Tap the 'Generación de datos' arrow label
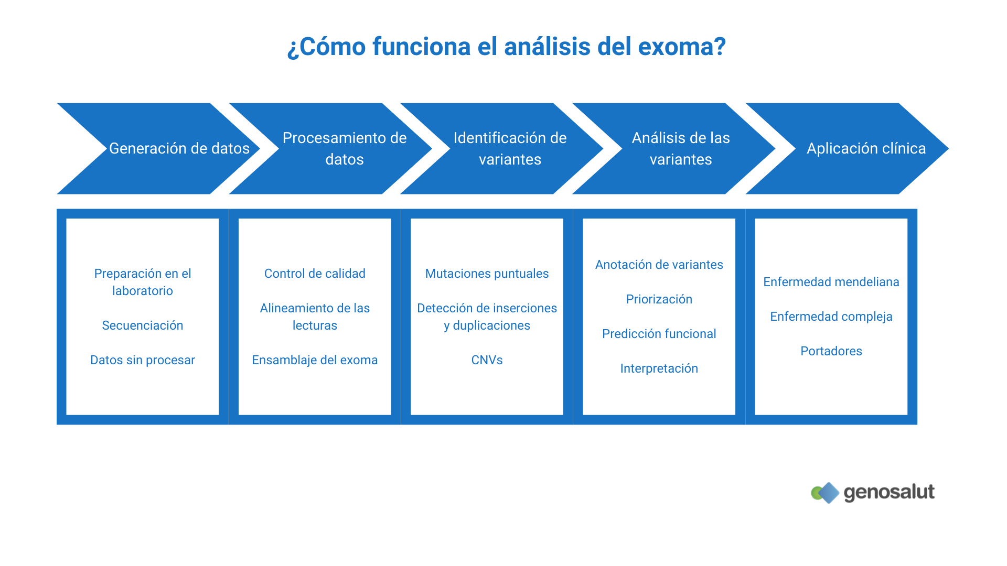179,148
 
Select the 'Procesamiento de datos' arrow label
344,148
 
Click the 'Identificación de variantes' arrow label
510,148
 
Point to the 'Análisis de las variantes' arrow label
680,148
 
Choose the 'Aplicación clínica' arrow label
866,148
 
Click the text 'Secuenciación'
142,325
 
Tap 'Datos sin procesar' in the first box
142,360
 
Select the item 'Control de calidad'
315,274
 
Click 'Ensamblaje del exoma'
315,360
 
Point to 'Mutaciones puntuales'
487,274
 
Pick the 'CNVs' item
487,360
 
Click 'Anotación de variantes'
659,265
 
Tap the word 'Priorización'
659,299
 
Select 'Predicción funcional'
659,334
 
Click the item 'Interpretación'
659,368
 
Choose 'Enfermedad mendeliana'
831,282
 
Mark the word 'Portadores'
831,351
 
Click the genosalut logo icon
826,493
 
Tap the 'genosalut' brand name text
889,492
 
